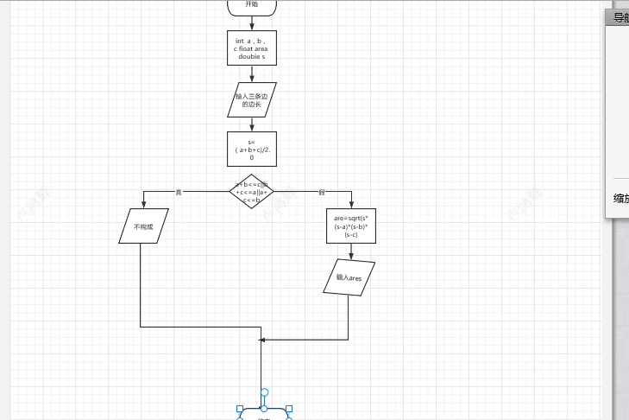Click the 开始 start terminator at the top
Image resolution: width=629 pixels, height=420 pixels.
tap(252, 6)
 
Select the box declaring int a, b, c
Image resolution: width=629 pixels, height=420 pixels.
tap(252, 48)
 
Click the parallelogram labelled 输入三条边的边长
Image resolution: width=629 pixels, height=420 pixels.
tap(252, 99)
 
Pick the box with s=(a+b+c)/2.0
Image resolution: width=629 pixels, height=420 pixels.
tap(252, 149)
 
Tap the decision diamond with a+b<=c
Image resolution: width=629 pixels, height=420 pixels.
tap(252, 191)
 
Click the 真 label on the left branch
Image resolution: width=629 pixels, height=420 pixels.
tap(179, 192)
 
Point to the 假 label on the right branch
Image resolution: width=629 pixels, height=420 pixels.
tap(321, 192)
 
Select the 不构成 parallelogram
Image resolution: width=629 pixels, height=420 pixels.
tap(143, 226)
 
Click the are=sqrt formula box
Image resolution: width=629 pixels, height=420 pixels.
tap(351, 226)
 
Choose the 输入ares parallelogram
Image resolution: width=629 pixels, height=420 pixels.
tap(349, 277)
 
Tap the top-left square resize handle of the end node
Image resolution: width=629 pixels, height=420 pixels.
tap(241, 409)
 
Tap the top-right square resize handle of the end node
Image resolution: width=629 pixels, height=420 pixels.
tap(289, 409)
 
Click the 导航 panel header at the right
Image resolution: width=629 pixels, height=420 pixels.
tap(620, 18)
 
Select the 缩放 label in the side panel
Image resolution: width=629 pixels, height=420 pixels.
tap(620, 198)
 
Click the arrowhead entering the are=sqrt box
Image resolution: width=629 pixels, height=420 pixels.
tap(351, 206)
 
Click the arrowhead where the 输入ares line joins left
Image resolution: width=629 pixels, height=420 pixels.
tap(263, 340)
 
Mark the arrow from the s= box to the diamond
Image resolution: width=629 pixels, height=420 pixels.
tap(252, 170)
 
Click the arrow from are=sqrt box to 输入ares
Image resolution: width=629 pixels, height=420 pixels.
tap(351, 252)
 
